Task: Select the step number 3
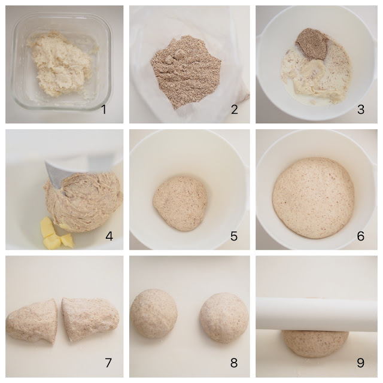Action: [x=360, y=110]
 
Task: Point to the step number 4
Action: [x=109, y=236]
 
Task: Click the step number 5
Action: [x=235, y=236]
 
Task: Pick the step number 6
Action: [x=360, y=236]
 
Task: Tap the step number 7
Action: [x=108, y=363]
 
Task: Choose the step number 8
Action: [x=234, y=363]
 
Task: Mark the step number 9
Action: [x=360, y=363]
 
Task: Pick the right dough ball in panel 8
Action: [x=224, y=317]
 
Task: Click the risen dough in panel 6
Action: [x=313, y=197]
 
